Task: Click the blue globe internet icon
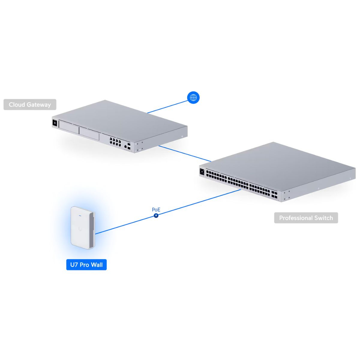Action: (193, 97)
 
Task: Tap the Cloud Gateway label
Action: (30, 105)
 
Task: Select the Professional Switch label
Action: (306, 218)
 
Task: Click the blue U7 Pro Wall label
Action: (86, 265)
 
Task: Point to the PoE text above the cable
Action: (156, 210)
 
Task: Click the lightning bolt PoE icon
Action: (156, 215)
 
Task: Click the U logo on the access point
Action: (80, 229)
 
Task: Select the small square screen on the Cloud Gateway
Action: (55, 123)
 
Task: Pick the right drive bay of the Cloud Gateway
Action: (89, 133)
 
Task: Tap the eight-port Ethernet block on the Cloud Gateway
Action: (115, 142)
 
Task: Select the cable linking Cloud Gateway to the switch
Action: (184, 153)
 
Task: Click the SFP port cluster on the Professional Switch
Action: (274, 194)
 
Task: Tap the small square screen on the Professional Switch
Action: (202, 172)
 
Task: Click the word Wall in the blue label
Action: (97, 265)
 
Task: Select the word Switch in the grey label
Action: (324, 218)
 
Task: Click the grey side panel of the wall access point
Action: (93, 228)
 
